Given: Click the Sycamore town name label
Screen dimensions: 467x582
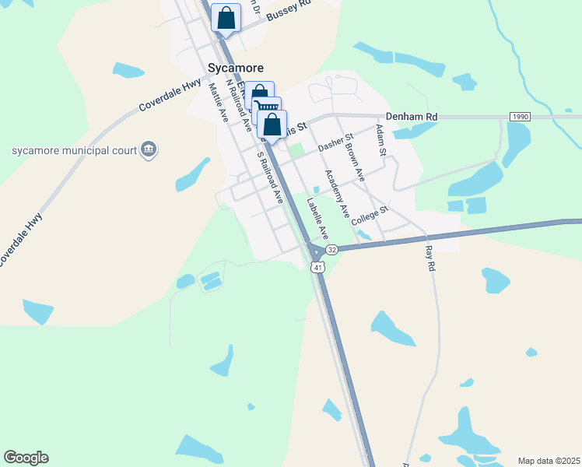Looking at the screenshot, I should point(236,68).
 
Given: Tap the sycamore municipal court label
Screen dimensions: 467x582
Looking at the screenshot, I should point(72,150).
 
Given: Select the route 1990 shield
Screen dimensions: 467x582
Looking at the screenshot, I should point(521,116).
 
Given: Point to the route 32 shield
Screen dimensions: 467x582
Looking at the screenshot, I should point(332,249).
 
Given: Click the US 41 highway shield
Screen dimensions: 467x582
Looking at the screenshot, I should point(317,267).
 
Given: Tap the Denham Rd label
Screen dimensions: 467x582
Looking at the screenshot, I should point(412,116).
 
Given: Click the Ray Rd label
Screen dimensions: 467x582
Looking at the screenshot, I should point(429,258).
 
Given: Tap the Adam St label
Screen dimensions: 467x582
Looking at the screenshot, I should point(380,140).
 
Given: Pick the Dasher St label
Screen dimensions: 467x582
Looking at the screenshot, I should point(336,141).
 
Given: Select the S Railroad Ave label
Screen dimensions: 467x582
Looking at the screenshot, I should point(269,180).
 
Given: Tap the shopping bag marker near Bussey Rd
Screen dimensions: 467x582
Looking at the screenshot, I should point(226,18).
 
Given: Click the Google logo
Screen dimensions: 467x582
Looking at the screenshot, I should point(26,458).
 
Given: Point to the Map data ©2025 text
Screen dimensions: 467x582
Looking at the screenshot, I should point(548,461).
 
